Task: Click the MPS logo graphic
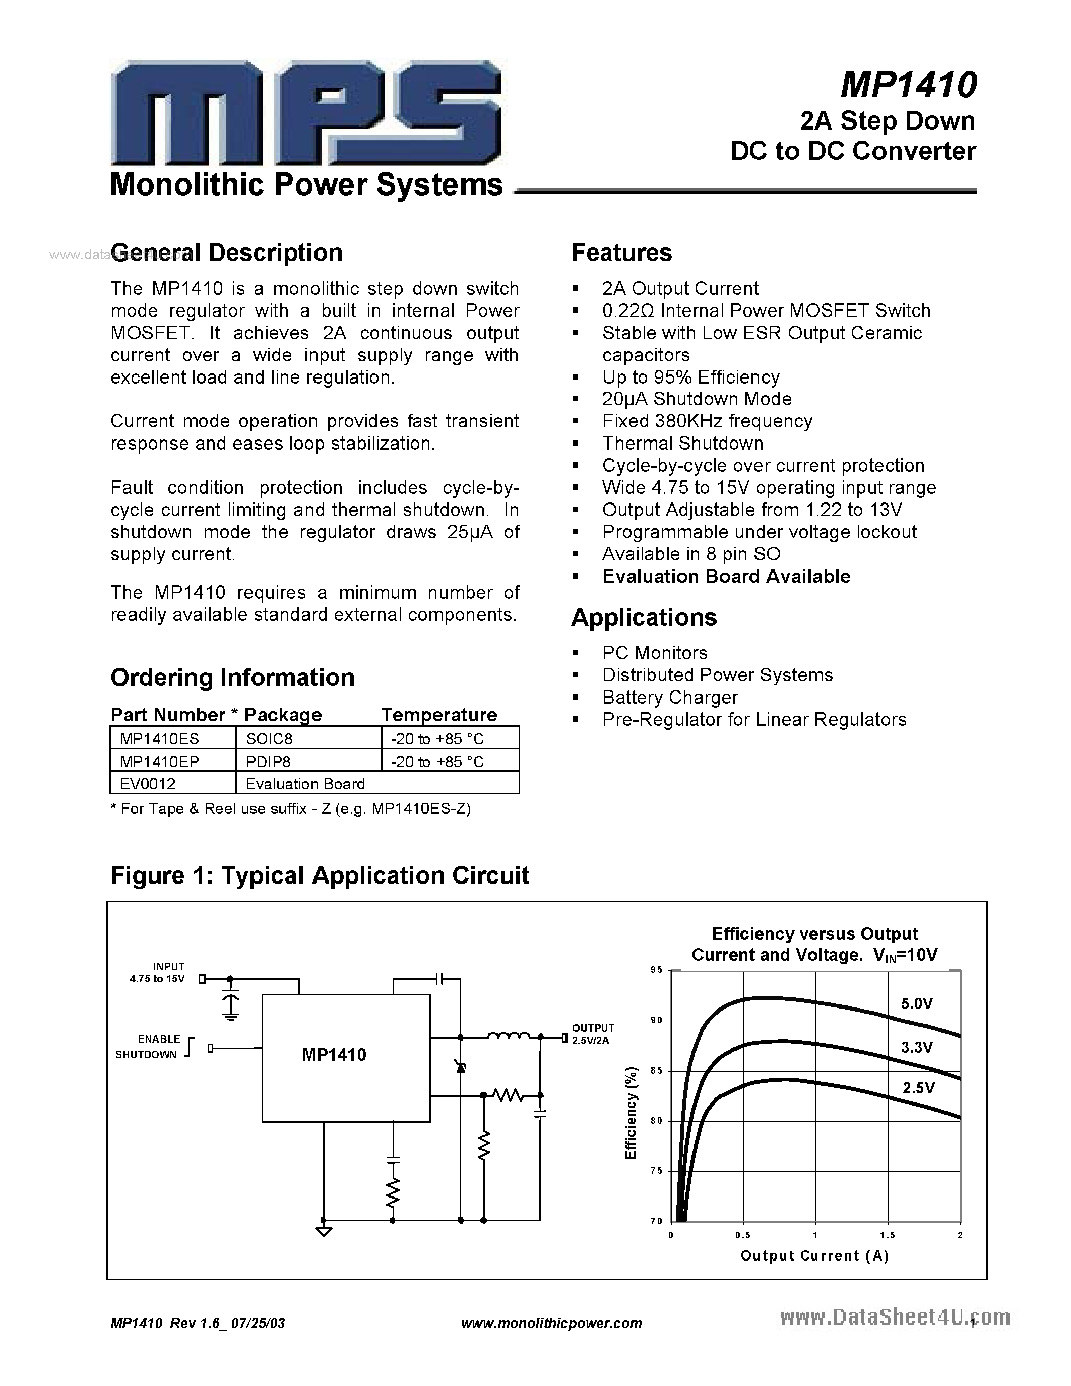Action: point(306,113)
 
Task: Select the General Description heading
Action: point(226,253)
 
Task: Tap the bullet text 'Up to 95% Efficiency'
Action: point(690,377)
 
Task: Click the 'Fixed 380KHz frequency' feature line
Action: point(707,421)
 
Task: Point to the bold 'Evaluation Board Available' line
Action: point(726,576)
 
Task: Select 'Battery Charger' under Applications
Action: point(670,697)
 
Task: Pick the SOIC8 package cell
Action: point(270,739)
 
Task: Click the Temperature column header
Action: point(438,715)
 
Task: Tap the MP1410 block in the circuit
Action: point(334,1055)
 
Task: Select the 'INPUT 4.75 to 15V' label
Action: point(160,972)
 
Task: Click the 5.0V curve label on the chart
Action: point(917,1003)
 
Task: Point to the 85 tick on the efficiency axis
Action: point(656,1070)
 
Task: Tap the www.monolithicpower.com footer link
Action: point(551,1323)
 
